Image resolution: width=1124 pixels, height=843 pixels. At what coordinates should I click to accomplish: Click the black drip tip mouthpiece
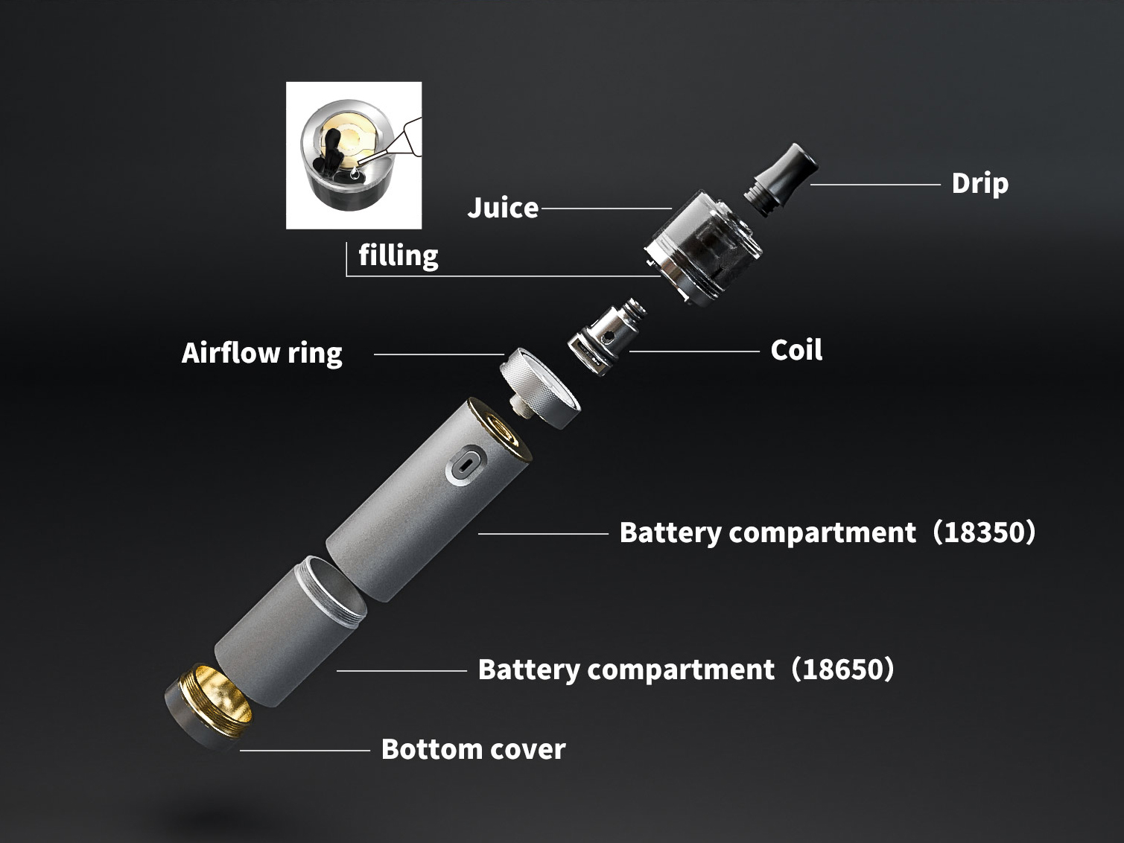pos(781,179)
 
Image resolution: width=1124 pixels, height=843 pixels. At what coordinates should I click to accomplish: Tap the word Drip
pos(980,184)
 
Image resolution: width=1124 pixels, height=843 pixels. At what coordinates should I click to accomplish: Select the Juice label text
pos(503,209)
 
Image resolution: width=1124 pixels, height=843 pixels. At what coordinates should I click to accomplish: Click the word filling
pos(399,255)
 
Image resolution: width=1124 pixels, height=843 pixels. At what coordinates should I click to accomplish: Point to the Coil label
pos(796,351)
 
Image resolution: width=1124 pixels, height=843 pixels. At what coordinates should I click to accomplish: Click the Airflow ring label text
pos(261,354)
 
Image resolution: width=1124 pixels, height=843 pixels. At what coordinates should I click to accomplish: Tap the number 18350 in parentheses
pos(984,532)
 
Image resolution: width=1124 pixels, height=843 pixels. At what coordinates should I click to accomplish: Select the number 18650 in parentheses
pos(842,669)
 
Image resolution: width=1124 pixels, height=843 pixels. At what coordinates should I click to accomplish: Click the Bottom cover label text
pos(473,750)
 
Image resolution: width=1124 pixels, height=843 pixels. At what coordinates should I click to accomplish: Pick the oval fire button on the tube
pos(466,465)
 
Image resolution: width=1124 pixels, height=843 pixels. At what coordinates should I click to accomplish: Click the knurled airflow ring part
pos(539,388)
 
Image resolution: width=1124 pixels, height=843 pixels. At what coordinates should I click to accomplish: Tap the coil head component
pos(607,337)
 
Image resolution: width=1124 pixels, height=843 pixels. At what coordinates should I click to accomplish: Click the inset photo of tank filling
pos(354,155)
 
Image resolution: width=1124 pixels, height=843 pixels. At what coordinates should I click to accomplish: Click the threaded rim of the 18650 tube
pos(333,592)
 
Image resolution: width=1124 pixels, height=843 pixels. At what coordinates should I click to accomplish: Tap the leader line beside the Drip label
pos(876,184)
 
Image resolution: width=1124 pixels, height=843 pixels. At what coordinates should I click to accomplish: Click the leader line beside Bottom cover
pos(305,751)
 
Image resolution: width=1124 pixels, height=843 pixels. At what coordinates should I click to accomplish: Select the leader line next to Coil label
pos(694,351)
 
